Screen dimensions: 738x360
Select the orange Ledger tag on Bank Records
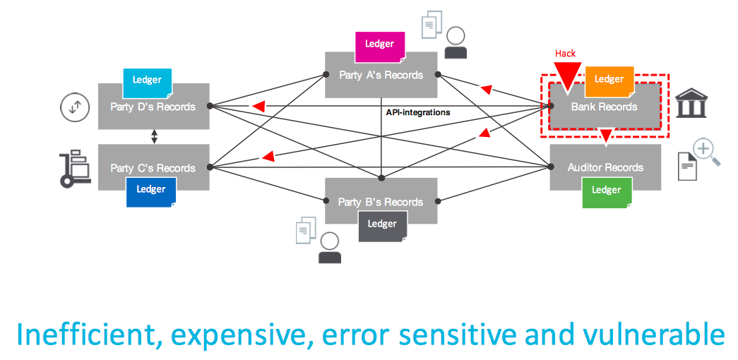click(x=609, y=79)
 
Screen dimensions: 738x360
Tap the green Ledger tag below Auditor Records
click(x=606, y=191)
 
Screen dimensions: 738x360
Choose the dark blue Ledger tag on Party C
click(x=150, y=190)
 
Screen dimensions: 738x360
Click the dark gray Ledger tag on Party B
click(x=382, y=224)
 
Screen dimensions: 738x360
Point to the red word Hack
click(x=565, y=53)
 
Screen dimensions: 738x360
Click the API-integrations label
click(x=418, y=112)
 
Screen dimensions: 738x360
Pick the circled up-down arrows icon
click(x=75, y=108)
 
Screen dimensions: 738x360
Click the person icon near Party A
click(x=456, y=43)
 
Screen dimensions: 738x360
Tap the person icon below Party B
click(x=330, y=248)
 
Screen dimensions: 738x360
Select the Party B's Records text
click(x=380, y=202)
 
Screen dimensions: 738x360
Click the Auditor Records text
click(x=605, y=167)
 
